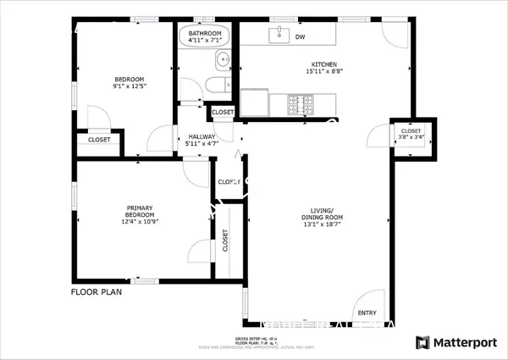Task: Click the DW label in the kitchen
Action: click(300, 36)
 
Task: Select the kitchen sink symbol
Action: click(276, 36)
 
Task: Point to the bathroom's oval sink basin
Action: click(222, 59)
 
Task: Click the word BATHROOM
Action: click(205, 33)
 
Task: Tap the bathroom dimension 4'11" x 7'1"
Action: click(205, 41)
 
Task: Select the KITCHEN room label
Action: click(325, 64)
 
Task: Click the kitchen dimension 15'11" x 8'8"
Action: click(325, 72)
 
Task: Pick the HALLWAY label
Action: click(202, 136)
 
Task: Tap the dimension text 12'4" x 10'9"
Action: click(140, 222)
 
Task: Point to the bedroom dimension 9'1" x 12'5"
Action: click(130, 86)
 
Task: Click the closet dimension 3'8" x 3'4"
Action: click(411, 137)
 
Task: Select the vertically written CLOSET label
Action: click(225, 241)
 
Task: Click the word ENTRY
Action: click(367, 313)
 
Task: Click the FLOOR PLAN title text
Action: click(96, 291)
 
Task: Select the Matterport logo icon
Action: click(422, 342)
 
